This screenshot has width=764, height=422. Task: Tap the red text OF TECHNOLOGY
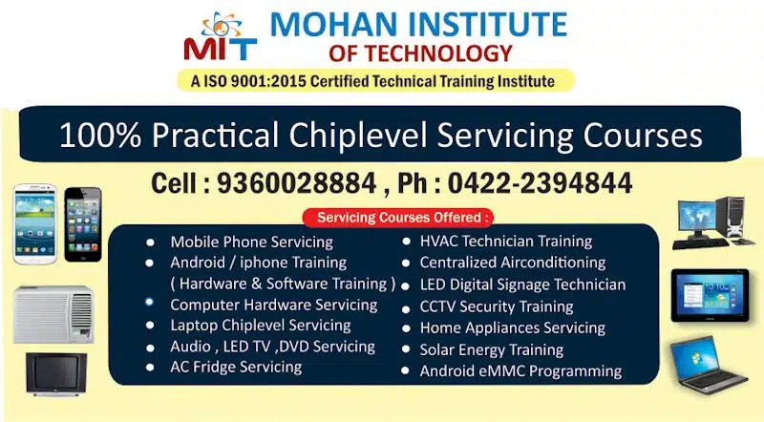(419, 53)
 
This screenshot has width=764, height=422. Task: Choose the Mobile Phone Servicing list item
(251, 242)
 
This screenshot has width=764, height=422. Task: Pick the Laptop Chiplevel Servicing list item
(260, 326)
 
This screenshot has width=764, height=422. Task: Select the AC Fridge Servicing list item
(236, 367)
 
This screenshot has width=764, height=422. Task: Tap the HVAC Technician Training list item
(506, 241)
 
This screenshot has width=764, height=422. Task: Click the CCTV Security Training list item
(497, 306)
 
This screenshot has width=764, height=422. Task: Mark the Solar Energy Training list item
(492, 349)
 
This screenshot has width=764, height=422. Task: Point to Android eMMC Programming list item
(520, 370)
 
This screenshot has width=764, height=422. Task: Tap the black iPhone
(82, 224)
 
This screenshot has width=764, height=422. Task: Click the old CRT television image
(56, 373)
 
